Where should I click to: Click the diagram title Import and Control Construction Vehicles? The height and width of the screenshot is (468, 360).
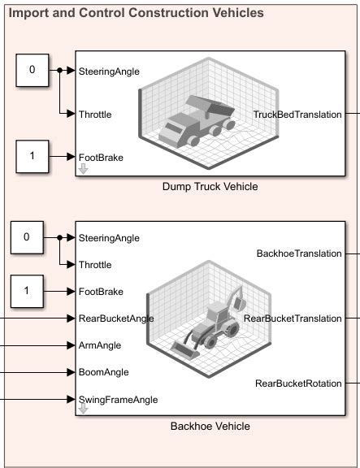click(x=136, y=13)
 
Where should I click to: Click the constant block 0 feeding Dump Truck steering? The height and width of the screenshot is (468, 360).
click(x=32, y=70)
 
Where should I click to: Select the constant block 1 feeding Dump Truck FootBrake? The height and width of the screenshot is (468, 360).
click(x=32, y=156)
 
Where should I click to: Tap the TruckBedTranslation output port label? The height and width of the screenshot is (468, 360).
click(x=297, y=115)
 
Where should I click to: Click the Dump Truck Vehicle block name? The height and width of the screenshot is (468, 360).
click(x=210, y=187)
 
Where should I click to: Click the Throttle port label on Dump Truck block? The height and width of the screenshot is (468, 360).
click(x=95, y=115)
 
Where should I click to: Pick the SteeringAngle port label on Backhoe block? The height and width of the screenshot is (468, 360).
click(x=109, y=238)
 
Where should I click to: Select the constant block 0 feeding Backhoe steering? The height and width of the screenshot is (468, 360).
click(x=26, y=237)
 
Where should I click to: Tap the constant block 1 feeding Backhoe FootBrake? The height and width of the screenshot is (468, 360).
click(x=26, y=291)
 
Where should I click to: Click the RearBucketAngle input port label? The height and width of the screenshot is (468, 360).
click(x=116, y=318)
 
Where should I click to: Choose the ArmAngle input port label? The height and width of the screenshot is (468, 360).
click(x=99, y=345)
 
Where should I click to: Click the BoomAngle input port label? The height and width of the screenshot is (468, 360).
click(x=102, y=372)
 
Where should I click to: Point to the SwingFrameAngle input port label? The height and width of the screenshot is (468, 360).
click(x=118, y=399)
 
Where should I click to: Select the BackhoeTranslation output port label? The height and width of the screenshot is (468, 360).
click(x=299, y=253)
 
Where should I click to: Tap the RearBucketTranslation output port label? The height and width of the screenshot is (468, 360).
click(x=293, y=318)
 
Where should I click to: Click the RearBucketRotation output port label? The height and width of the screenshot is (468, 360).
click(x=298, y=383)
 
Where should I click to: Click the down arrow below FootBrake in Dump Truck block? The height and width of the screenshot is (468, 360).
click(x=83, y=169)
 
